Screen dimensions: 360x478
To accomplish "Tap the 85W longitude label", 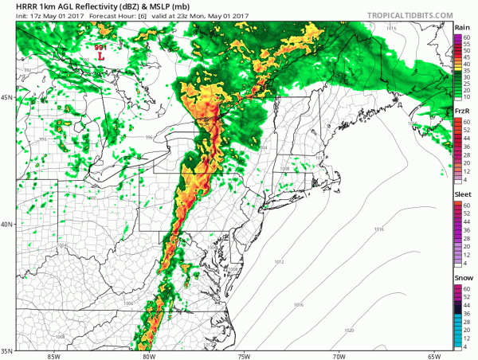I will point(53,355).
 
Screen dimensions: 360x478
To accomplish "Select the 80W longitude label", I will point(149,355).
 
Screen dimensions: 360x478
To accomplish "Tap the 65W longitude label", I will point(435,355).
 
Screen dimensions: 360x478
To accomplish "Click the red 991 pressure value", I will point(101,48).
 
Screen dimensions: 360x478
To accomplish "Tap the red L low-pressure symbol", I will point(101,57).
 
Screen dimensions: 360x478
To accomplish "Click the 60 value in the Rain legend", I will point(466,37).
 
